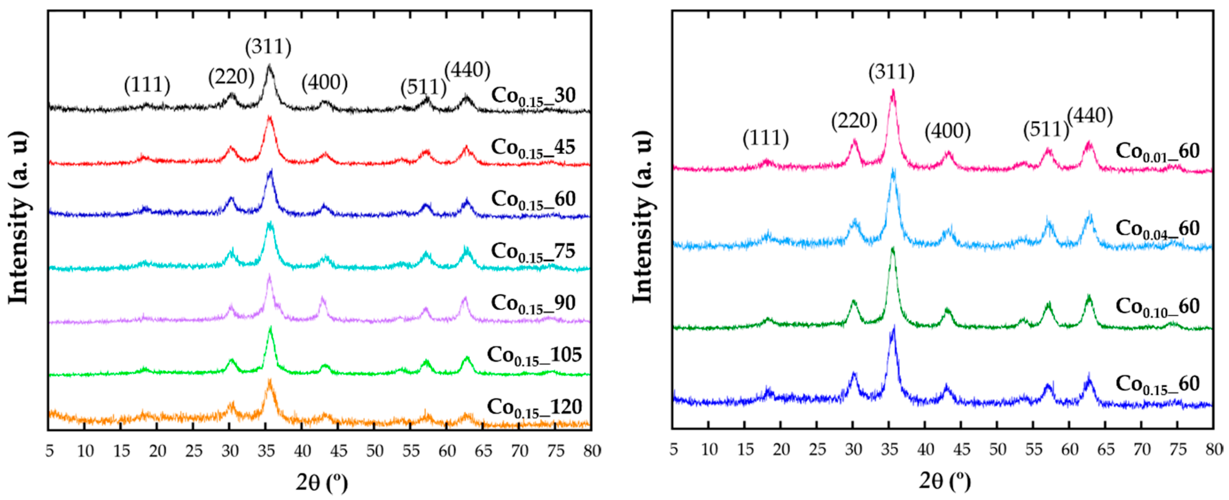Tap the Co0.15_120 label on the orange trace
pos(534,407)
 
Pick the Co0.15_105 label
pos(534,355)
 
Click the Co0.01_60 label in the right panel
pos(1157,152)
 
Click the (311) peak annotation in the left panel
pos(268,47)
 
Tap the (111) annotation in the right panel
pos(765,138)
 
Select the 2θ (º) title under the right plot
pos(945,480)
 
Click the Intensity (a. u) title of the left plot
pos(18,217)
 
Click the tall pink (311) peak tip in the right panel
pos(892,91)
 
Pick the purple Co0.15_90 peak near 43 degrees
pos(322,299)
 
